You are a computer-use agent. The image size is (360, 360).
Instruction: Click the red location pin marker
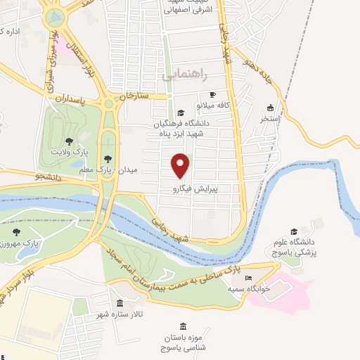tap(181, 165)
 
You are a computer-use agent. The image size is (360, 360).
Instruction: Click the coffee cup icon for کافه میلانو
tap(212, 94)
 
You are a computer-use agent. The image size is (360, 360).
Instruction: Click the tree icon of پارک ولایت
tap(68, 141)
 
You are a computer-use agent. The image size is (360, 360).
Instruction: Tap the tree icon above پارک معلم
tap(107, 158)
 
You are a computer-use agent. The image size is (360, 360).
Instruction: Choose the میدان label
tap(131, 171)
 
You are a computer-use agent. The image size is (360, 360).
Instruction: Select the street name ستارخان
tap(135, 95)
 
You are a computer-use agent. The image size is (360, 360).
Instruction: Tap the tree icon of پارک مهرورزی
tap(16, 232)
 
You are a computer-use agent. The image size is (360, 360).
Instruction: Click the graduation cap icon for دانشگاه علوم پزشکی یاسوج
tap(293, 231)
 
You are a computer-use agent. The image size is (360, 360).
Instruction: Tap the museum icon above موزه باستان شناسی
tap(183, 328)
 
